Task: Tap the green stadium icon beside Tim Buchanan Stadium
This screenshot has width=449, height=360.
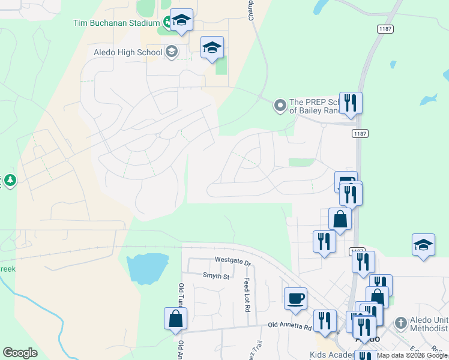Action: pos(167,24)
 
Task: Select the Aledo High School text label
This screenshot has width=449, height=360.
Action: pos(128,52)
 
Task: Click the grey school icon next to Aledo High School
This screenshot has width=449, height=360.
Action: pos(172,52)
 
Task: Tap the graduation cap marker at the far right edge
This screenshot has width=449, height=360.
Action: pos(423,245)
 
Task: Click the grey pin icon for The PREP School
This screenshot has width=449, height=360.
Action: pos(280,106)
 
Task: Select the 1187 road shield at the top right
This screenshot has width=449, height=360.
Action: pos(385,29)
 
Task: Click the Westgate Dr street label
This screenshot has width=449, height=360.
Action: pos(232,260)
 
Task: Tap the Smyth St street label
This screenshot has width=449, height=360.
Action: pos(216,276)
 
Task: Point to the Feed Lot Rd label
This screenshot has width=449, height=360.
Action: pos(246,295)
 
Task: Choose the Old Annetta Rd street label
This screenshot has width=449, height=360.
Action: pos(290,326)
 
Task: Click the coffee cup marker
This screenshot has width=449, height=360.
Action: pos(296,299)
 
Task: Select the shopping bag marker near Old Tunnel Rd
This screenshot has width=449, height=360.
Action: pos(175,319)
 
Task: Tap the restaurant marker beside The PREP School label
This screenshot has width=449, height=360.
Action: pos(351,103)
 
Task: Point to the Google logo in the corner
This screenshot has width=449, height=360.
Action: pos(20,353)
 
